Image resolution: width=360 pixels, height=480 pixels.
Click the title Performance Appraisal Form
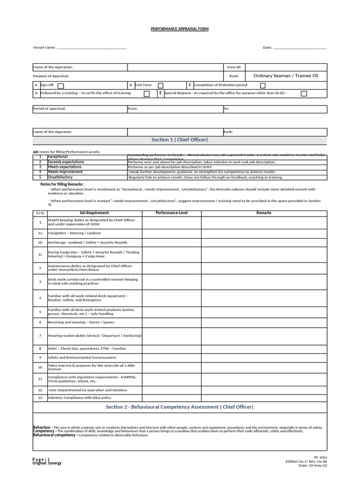[180, 29]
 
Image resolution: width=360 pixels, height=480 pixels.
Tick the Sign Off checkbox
[61, 86]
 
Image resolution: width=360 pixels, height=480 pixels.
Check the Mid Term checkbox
[160, 85]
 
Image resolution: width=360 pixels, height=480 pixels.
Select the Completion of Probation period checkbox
[262, 85]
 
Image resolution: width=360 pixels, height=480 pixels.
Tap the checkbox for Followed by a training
[147, 94]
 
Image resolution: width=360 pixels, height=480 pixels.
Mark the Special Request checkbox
[304, 94]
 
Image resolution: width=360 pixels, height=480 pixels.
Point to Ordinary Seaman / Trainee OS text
[285, 75]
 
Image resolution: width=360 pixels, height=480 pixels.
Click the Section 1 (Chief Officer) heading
[180, 140]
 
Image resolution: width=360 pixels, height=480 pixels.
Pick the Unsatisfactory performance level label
[60, 177]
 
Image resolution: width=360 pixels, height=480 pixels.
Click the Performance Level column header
[171, 213]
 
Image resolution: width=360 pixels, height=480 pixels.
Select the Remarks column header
[263, 213]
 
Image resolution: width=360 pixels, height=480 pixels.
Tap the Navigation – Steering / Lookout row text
[74, 233]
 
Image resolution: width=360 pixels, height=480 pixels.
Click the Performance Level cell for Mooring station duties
[171, 336]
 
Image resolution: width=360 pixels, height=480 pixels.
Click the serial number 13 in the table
[40, 397]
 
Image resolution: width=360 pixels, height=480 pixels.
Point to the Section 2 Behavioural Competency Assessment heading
[180, 407]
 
